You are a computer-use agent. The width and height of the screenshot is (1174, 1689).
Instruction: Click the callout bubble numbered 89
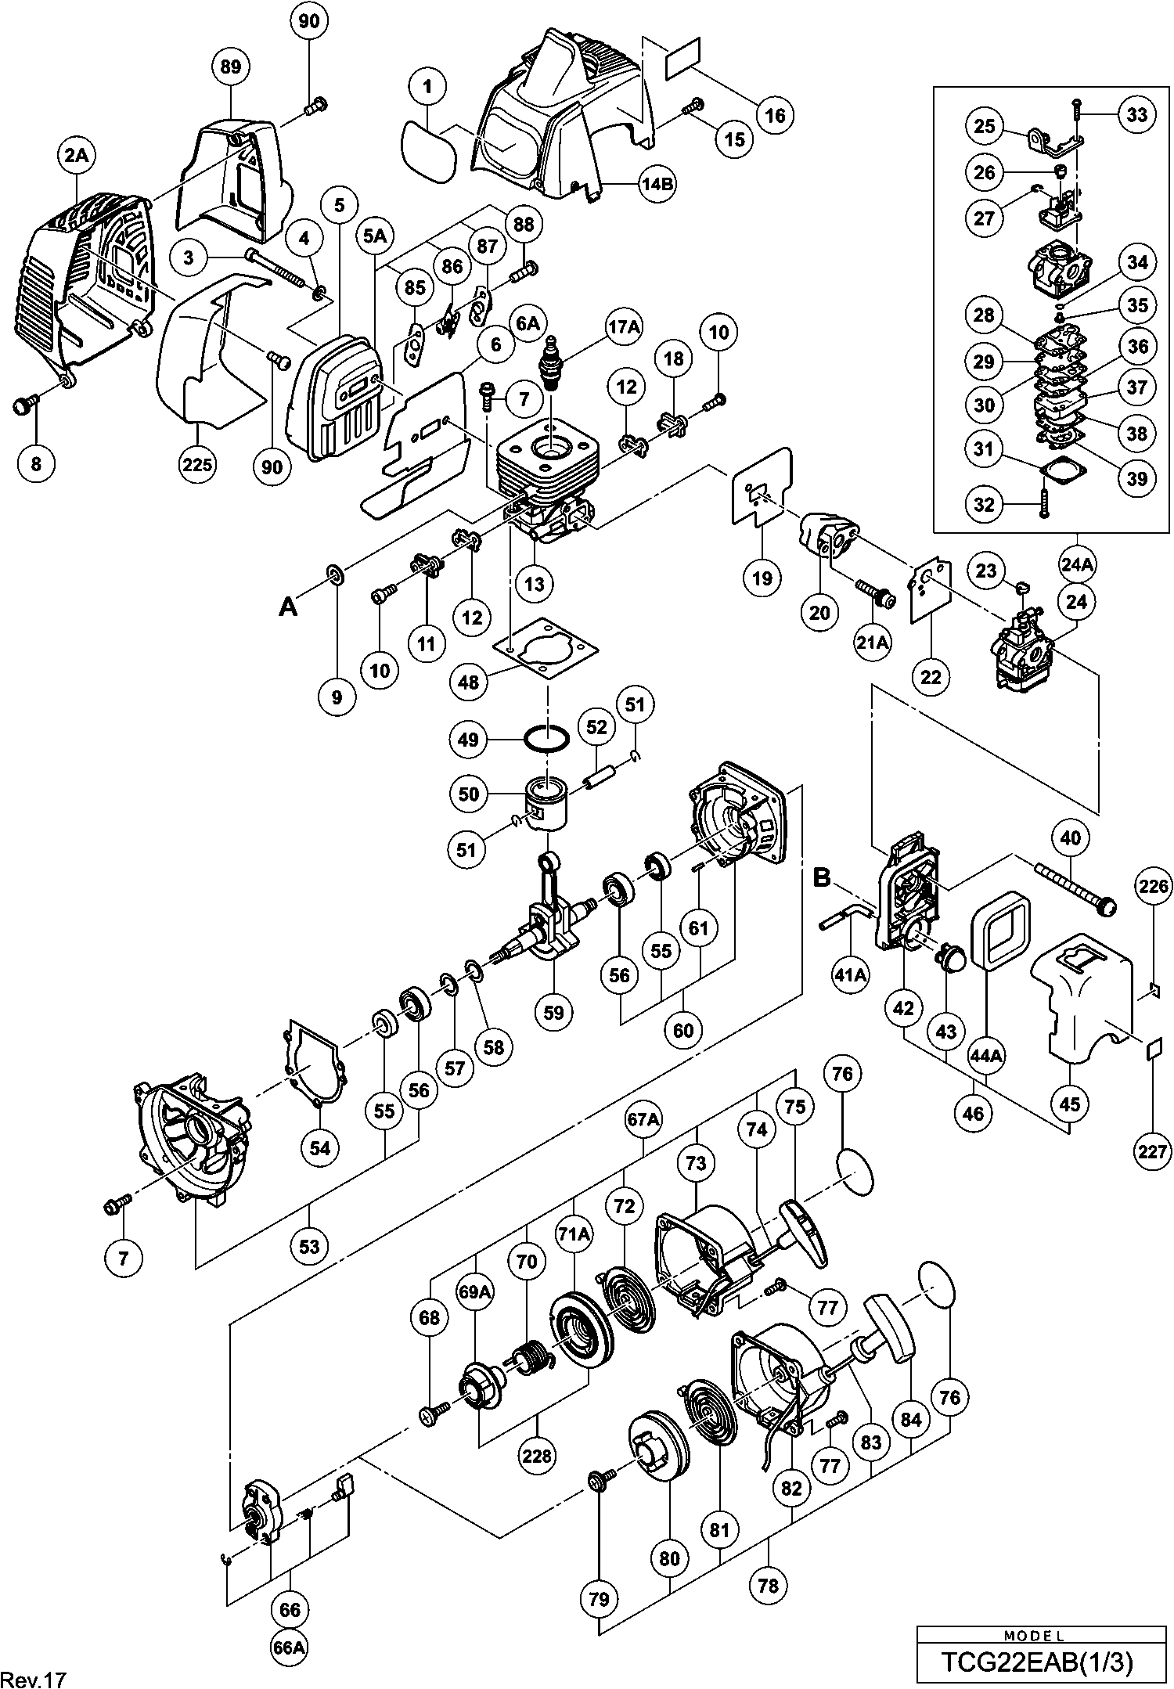[x=231, y=67]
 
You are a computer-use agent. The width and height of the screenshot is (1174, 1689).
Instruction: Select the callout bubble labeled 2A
[x=77, y=157]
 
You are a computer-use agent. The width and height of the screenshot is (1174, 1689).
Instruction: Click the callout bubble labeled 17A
[x=623, y=327]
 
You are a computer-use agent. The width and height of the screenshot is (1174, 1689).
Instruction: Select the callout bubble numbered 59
[x=553, y=1012]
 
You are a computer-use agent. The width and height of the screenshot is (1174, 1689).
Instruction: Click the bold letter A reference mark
[x=289, y=607]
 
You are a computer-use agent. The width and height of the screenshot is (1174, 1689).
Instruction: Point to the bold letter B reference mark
[x=821, y=877]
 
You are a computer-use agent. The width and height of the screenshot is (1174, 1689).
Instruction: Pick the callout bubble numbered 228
[x=537, y=1456]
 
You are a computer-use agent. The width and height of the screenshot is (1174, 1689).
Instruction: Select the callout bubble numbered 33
[x=1137, y=115]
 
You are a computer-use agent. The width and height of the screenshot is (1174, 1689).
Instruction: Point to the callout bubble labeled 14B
[x=657, y=185]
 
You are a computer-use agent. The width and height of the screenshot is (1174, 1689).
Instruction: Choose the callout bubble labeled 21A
[x=873, y=643]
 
